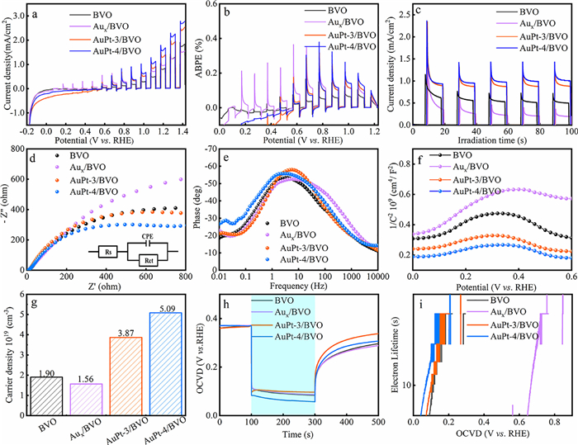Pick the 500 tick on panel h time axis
pyautogui.click(x=377, y=422)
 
